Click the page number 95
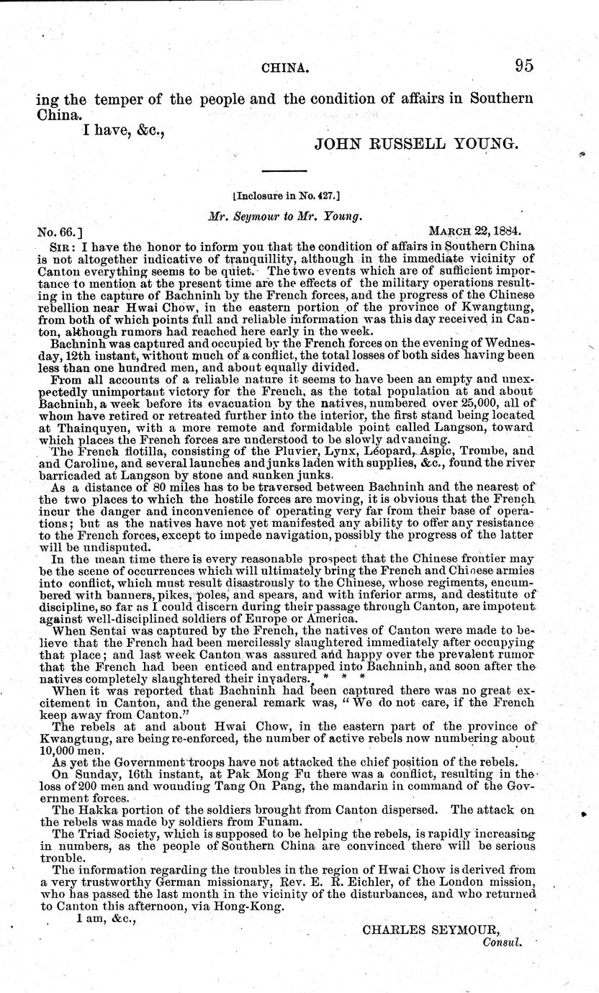click(x=523, y=67)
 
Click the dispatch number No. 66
click(x=60, y=232)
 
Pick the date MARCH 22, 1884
click(x=474, y=232)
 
